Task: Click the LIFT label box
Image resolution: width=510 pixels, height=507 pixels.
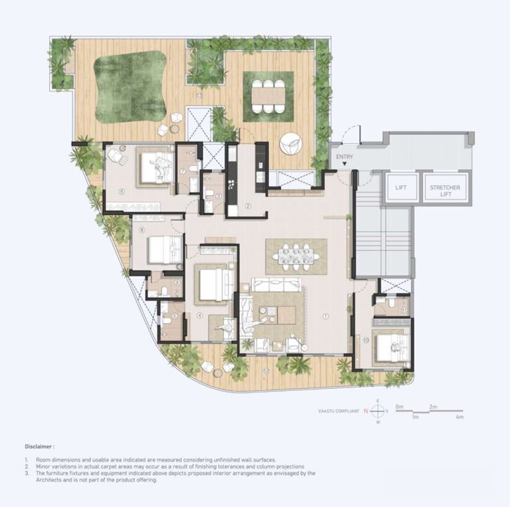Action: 400,188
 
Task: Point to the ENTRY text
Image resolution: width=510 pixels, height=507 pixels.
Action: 345,157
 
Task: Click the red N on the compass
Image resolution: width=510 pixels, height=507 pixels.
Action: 365,411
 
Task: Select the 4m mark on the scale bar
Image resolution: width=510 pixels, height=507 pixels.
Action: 459,417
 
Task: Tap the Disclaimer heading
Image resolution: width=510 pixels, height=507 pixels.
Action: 40,447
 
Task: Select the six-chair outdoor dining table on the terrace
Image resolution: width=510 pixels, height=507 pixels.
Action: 268,96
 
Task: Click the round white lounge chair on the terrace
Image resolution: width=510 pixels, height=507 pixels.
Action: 290,143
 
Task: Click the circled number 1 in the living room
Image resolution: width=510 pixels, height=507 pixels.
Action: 325,317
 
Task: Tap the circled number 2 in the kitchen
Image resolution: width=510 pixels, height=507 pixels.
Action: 247,206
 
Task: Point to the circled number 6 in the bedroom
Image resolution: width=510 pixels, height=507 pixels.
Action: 122,192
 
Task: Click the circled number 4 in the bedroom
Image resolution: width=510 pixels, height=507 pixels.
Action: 199,315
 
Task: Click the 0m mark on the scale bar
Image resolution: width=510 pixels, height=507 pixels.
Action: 398,406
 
